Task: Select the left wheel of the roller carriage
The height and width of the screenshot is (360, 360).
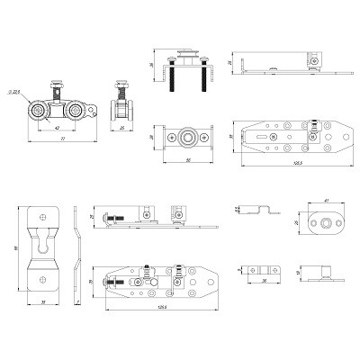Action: tap(40, 112)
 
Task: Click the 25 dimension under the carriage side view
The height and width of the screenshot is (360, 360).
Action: tap(121, 128)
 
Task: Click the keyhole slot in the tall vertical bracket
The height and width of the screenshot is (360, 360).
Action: tap(43, 246)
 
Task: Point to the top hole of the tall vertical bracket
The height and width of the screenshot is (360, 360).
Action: tap(43, 215)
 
